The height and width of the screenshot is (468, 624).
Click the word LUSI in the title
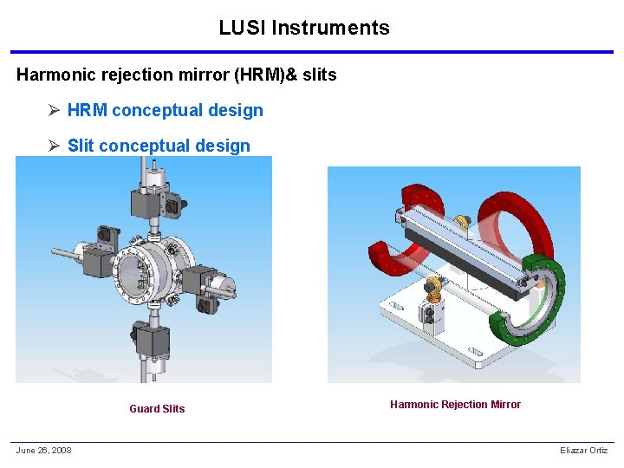point(242,28)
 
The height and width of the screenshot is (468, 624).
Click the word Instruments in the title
point(331,28)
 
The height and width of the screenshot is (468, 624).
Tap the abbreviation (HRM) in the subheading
point(259,75)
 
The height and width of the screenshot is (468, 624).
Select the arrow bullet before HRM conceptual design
point(54,110)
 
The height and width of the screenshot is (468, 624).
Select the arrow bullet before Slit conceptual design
point(54,146)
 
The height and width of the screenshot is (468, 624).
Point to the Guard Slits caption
point(157,409)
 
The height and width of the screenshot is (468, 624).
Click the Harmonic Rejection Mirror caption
point(455,405)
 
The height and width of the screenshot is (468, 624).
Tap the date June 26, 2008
point(44,450)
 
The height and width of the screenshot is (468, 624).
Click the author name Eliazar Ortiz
point(584,450)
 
